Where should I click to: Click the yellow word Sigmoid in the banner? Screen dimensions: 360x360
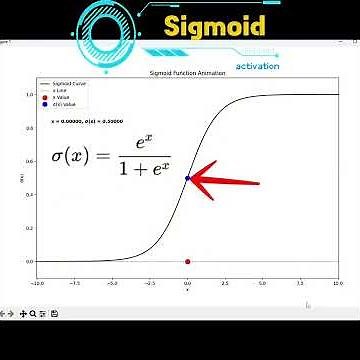point(215,24)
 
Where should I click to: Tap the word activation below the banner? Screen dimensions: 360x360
point(258,66)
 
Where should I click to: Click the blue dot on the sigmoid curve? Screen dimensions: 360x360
point(188,179)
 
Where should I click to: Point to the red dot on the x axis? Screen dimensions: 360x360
point(188,262)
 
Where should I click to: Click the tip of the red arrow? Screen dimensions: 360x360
point(192,180)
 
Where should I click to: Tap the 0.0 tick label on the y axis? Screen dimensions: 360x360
point(29,262)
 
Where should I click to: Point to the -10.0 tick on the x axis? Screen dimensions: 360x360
point(38,284)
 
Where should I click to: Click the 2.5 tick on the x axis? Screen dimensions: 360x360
point(225,284)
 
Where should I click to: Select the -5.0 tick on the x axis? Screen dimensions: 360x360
point(112,284)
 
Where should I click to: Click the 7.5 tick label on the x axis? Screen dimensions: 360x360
point(300,284)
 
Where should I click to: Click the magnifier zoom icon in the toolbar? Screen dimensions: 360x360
point(33,314)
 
